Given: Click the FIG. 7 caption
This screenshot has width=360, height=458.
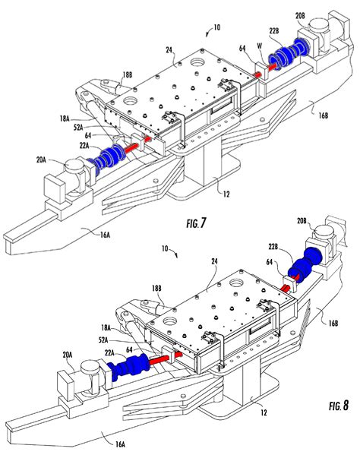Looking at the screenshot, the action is coord(196,223).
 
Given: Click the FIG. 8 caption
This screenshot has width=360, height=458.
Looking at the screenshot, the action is coord(339,406).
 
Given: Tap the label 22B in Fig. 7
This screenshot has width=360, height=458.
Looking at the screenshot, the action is coord(274,30).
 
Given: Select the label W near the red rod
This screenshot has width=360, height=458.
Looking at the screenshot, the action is coord(260,46).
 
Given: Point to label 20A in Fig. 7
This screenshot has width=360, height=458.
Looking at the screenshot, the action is coord(42,160).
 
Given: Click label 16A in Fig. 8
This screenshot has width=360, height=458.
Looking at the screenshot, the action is coord(120,444).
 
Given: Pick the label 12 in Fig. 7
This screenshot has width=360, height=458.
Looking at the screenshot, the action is coord(226,194).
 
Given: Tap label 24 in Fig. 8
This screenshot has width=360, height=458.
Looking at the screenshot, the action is coord(215,261).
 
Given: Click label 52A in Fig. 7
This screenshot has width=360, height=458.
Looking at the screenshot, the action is coord(79,128).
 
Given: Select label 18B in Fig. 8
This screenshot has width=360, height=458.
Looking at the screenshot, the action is coord(156,289).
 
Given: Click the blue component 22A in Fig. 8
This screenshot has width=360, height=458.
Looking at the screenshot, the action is coord(128,367).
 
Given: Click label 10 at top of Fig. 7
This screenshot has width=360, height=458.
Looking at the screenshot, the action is coord(217,27).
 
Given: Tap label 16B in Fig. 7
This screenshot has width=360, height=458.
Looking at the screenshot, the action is coord(323,115).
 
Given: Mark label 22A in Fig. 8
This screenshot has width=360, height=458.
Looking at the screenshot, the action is coord(109,353).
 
